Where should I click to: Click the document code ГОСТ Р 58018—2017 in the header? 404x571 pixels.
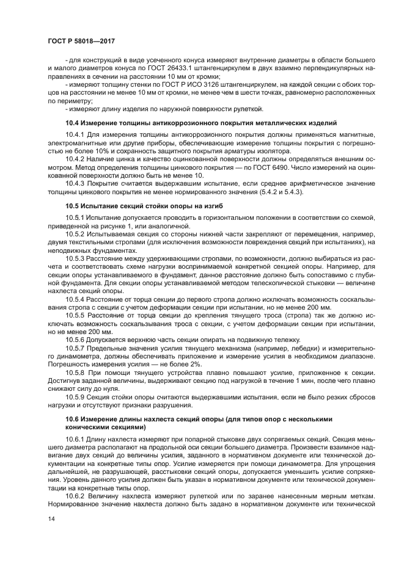pos(81,41)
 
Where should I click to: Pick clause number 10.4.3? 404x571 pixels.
pos(75,184)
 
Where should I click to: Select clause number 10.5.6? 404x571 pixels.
pos(75,339)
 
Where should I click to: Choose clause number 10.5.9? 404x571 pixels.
pos(75,396)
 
